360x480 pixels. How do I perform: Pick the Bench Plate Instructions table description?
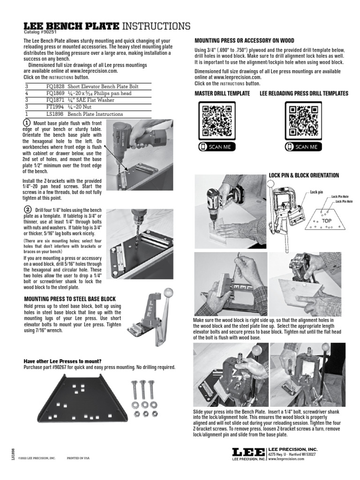(x=95, y=114)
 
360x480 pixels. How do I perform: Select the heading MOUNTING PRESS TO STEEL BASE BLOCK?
(x=69, y=299)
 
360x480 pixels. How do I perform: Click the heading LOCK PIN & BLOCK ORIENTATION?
(x=304, y=175)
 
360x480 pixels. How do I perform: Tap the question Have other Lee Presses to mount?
(x=62, y=361)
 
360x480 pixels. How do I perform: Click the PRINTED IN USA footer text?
(x=78, y=458)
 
